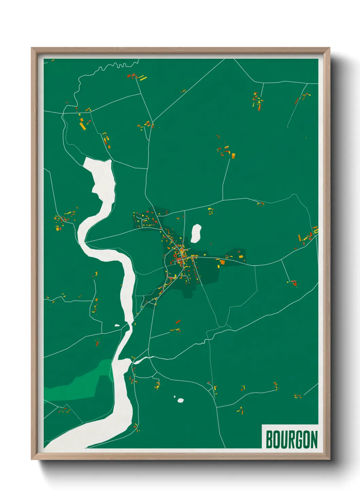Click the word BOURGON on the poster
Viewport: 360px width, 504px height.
(292, 439)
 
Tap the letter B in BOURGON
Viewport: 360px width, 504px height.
(269, 439)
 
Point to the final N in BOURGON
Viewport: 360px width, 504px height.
(314, 439)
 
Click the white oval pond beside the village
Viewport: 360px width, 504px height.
(196, 233)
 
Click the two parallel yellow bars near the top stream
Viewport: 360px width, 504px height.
(143, 78)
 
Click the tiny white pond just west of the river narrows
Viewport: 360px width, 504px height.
(117, 325)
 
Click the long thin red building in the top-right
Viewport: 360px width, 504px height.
(296, 101)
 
